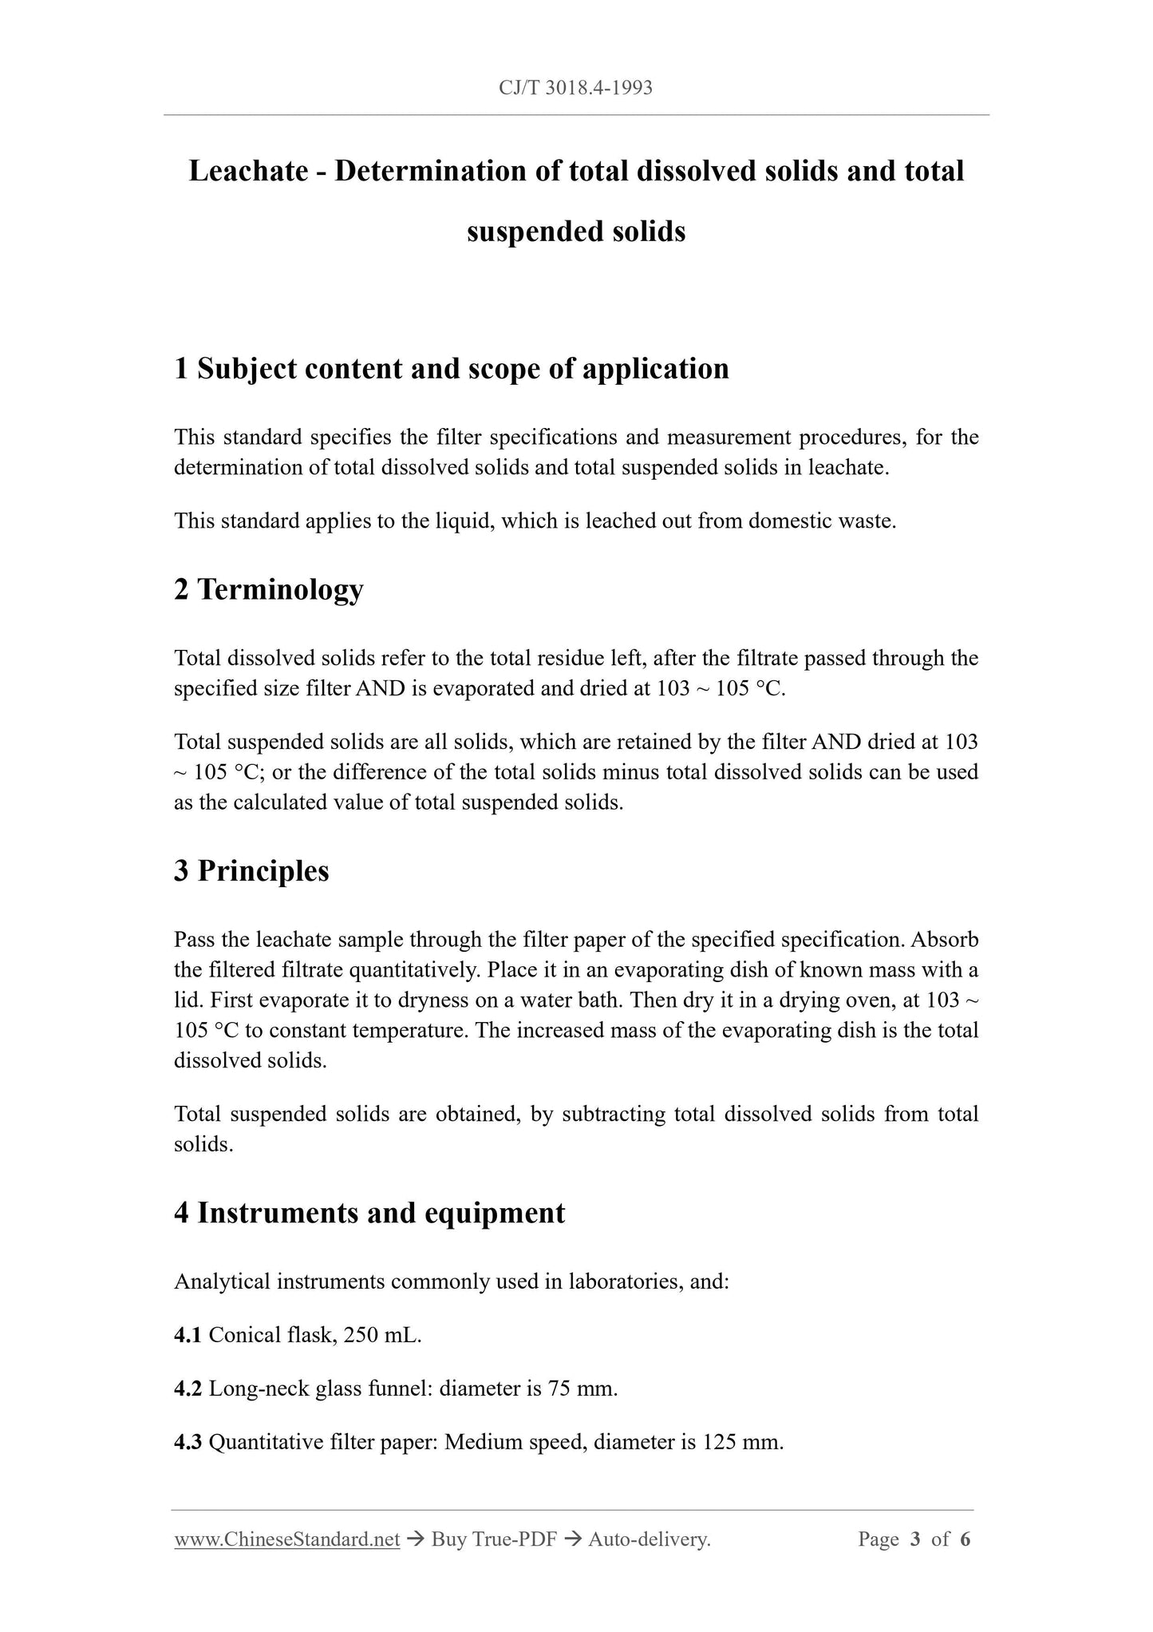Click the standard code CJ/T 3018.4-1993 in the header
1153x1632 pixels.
(x=575, y=88)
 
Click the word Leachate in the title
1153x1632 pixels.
(x=249, y=171)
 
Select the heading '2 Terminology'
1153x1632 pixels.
(x=269, y=589)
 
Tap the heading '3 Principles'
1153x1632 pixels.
(x=251, y=870)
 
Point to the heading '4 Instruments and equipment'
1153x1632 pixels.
(x=369, y=1212)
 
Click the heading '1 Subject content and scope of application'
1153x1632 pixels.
(x=452, y=368)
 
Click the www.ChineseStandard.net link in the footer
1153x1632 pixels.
(x=286, y=1539)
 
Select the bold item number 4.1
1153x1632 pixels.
(x=188, y=1335)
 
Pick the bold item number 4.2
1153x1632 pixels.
(x=188, y=1388)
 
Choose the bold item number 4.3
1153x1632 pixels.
(x=188, y=1442)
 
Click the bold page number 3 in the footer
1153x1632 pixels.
(x=915, y=1539)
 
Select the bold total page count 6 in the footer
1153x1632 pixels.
(x=965, y=1539)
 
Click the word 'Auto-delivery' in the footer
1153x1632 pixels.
(x=648, y=1539)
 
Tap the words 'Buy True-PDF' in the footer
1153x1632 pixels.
(x=494, y=1539)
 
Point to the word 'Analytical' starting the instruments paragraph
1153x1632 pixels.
(x=222, y=1281)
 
